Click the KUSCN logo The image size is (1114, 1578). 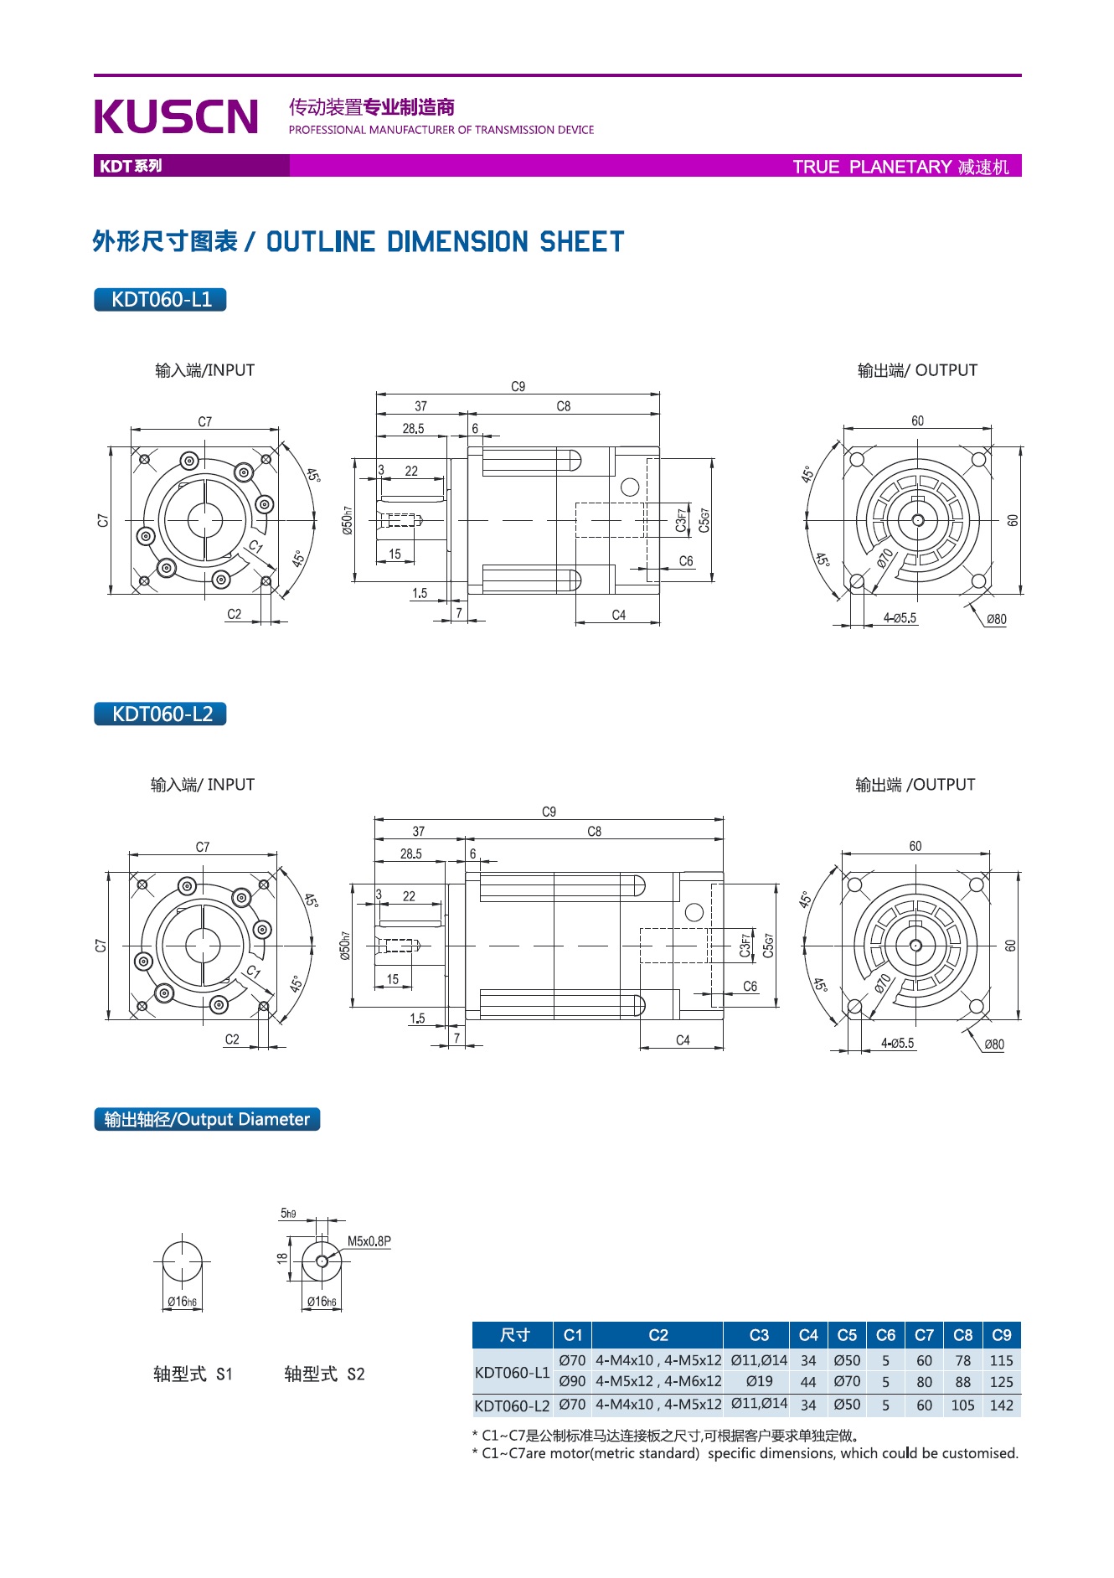click(176, 116)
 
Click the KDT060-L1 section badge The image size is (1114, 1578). click(160, 300)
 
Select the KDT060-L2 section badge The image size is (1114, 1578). click(160, 714)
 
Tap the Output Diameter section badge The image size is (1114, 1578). click(207, 1119)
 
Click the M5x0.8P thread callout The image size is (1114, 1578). click(369, 1241)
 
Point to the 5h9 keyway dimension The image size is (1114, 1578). click(287, 1213)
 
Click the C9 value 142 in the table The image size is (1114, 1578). click(1001, 1405)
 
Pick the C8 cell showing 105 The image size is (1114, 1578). click(962, 1405)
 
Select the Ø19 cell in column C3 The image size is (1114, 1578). click(759, 1381)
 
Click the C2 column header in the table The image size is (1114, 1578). click(658, 1335)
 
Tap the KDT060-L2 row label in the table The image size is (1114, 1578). click(512, 1405)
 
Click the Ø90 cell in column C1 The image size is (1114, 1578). click(572, 1381)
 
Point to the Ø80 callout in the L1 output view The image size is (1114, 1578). click(996, 620)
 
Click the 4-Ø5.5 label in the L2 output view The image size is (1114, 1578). click(897, 1044)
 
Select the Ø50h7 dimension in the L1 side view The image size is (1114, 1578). click(347, 520)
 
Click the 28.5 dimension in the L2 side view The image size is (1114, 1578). click(410, 854)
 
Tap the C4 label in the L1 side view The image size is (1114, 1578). click(618, 615)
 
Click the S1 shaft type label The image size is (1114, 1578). click(193, 1374)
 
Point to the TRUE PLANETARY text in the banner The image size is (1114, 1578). click(872, 167)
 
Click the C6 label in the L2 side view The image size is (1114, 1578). click(750, 987)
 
